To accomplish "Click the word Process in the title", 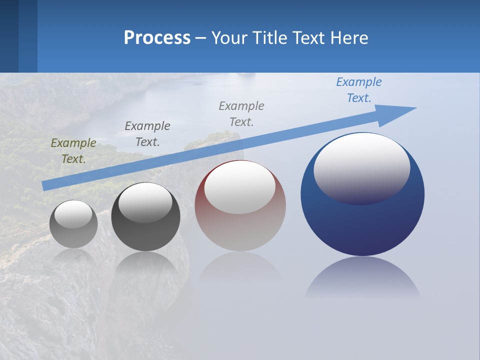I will click(157, 38).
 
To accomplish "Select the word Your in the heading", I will click(230, 38).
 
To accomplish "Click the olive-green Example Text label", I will click(73, 151).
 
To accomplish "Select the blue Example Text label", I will click(359, 90).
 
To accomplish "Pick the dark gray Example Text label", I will click(147, 134).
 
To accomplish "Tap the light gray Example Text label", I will click(241, 114).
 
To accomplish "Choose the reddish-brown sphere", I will click(240, 230).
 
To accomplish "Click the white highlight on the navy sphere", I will click(362, 167).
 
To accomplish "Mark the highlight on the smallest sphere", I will click(73, 214).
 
